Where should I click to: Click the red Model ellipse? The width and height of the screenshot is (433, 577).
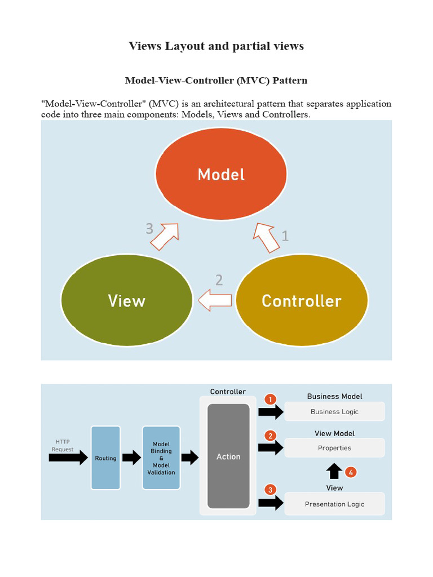click(x=221, y=174)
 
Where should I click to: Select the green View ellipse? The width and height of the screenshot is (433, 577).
click(x=127, y=300)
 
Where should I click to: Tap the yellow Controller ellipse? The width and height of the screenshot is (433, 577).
click(x=302, y=300)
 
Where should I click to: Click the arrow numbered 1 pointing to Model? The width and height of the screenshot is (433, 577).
click(x=267, y=237)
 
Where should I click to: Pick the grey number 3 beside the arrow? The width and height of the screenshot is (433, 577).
click(x=149, y=229)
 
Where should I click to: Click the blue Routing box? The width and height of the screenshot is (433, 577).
click(x=105, y=458)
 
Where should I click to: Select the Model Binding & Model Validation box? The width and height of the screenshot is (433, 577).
click(x=161, y=458)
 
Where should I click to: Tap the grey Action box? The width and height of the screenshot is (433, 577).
click(x=228, y=456)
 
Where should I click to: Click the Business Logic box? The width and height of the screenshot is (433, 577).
click(x=334, y=411)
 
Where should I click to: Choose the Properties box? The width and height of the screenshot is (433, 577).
click(x=334, y=448)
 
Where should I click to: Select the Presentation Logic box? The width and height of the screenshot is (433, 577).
click(x=334, y=504)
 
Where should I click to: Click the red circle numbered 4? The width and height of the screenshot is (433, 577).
click(x=351, y=472)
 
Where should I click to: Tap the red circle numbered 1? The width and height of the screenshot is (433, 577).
click(x=271, y=400)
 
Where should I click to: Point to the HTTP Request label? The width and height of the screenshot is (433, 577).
click(x=63, y=445)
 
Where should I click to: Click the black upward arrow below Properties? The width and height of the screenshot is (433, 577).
click(x=334, y=471)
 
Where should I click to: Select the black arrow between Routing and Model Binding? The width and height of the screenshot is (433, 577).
click(x=131, y=458)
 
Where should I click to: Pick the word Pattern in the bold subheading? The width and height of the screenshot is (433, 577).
click(x=290, y=80)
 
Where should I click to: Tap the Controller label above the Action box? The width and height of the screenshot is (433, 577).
click(x=228, y=392)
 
